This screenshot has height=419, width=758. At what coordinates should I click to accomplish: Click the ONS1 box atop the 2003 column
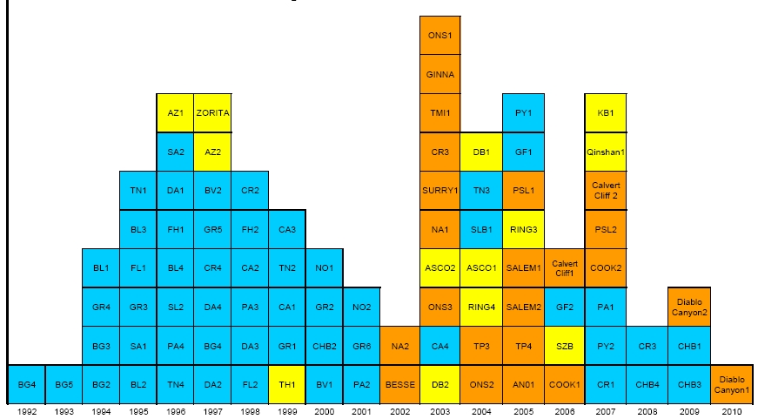click(x=440, y=36)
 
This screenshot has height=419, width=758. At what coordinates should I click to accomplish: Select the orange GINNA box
click(x=440, y=75)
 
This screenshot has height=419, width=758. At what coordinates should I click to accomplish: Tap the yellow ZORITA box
click(x=212, y=113)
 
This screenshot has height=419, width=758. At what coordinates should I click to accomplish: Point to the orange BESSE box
click(x=399, y=383)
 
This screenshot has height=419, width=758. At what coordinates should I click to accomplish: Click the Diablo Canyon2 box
click(x=689, y=307)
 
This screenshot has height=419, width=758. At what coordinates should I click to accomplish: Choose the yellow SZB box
click(x=565, y=345)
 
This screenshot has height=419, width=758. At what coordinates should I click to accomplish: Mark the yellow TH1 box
click(x=287, y=383)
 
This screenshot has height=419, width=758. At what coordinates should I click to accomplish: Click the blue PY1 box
click(x=523, y=113)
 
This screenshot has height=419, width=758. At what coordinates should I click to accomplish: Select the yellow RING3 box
click(x=523, y=229)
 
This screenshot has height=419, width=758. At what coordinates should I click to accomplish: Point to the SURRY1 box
click(x=440, y=191)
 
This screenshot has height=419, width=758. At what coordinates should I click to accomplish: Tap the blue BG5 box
click(x=64, y=383)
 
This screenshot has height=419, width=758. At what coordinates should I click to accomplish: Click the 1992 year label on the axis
click(x=26, y=410)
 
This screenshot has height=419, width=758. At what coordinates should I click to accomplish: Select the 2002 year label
click(x=399, y=410)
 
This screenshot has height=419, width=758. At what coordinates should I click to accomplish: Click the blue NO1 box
click(x=325, y=267)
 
